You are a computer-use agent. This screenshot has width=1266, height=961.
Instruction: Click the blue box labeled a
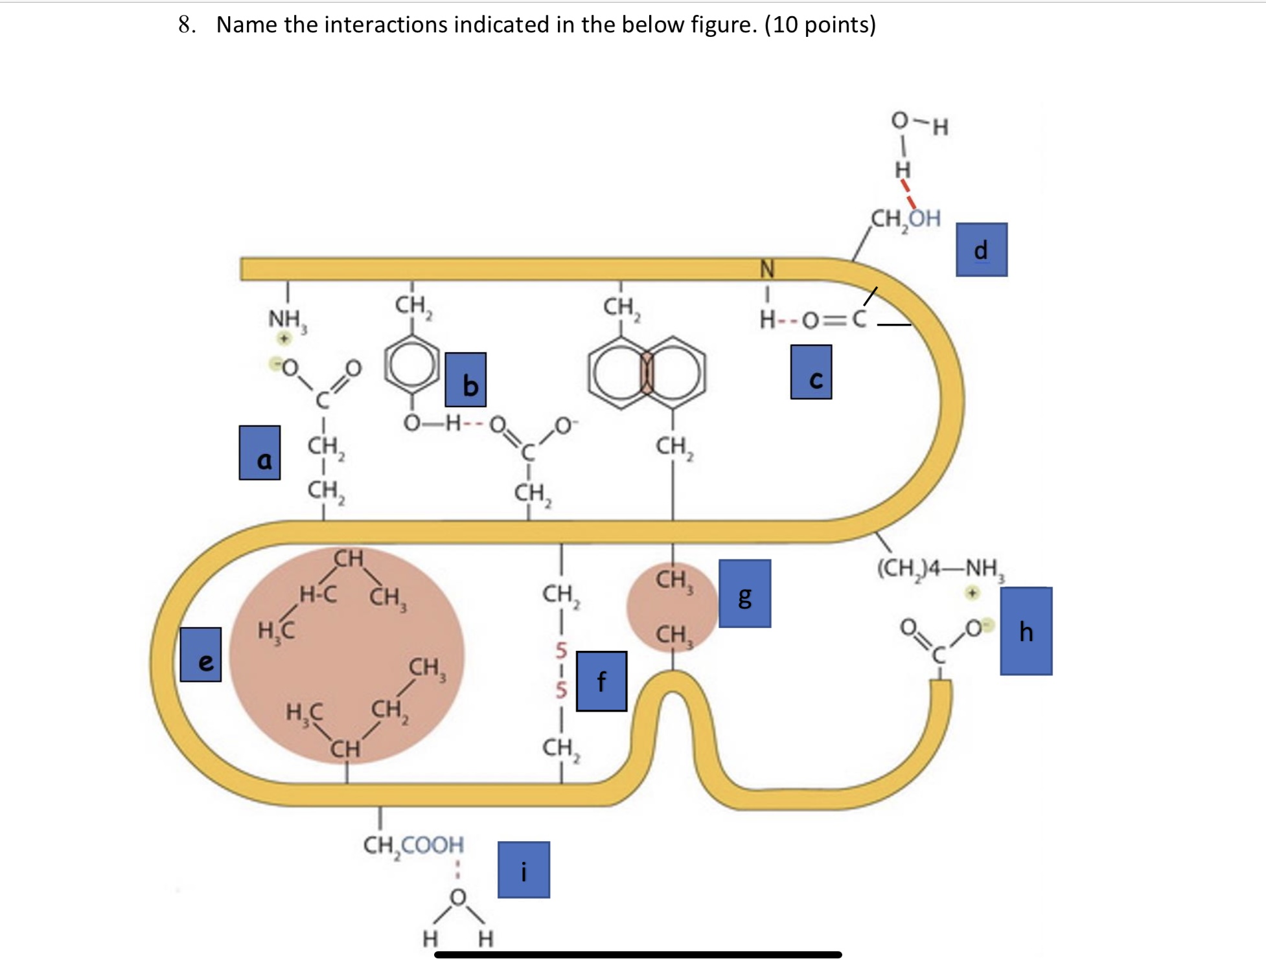259,453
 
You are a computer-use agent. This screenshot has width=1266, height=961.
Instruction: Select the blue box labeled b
465,379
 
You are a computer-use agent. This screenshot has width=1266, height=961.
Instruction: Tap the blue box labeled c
811,372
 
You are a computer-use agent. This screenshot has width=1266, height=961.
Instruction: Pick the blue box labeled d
981,250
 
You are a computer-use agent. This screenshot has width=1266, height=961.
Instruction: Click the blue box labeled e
200,654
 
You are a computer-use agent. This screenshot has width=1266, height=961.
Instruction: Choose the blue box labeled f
601,681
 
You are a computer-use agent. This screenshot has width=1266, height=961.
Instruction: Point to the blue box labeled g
744,593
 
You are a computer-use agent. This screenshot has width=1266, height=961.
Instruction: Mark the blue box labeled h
1026,631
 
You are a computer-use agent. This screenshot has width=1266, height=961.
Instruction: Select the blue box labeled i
524,869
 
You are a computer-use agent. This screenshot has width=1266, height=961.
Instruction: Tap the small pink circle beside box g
672,607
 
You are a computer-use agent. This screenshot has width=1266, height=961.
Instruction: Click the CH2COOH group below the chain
413,844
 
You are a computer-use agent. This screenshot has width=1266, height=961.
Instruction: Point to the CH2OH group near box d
905,219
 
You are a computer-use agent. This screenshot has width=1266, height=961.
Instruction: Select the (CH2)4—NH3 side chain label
940,568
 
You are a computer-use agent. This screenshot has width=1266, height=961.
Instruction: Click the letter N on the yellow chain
766,267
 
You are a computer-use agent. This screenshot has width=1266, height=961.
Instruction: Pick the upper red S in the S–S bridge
561,650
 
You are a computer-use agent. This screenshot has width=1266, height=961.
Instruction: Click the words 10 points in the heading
820,25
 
